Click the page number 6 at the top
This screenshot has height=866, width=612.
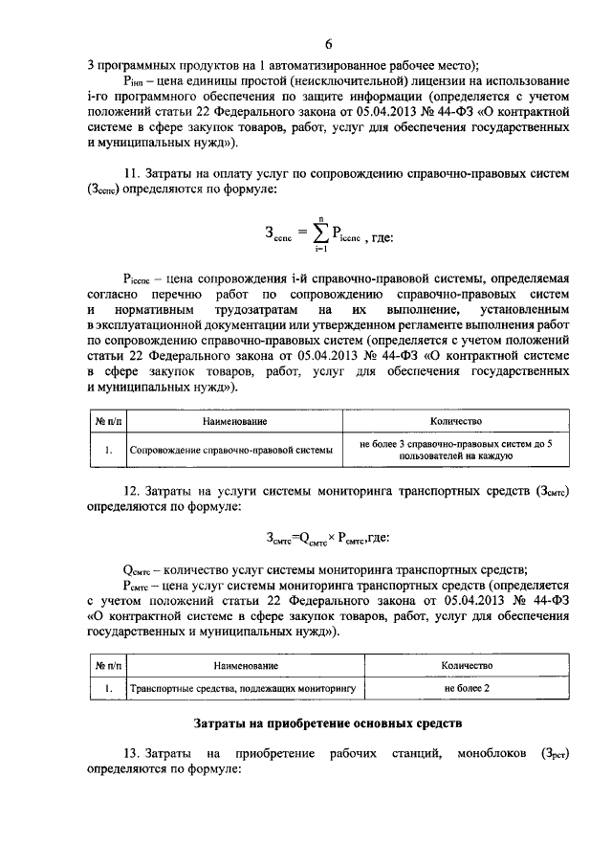point(328,45)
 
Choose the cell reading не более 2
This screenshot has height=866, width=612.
point(467,687)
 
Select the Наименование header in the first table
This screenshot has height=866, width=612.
point(233,421)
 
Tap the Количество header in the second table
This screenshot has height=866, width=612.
point(467,664)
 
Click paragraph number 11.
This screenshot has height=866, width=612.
point(133,175)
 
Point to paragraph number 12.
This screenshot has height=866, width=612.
point(133,489)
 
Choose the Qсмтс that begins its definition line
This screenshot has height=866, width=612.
point(140,566)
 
